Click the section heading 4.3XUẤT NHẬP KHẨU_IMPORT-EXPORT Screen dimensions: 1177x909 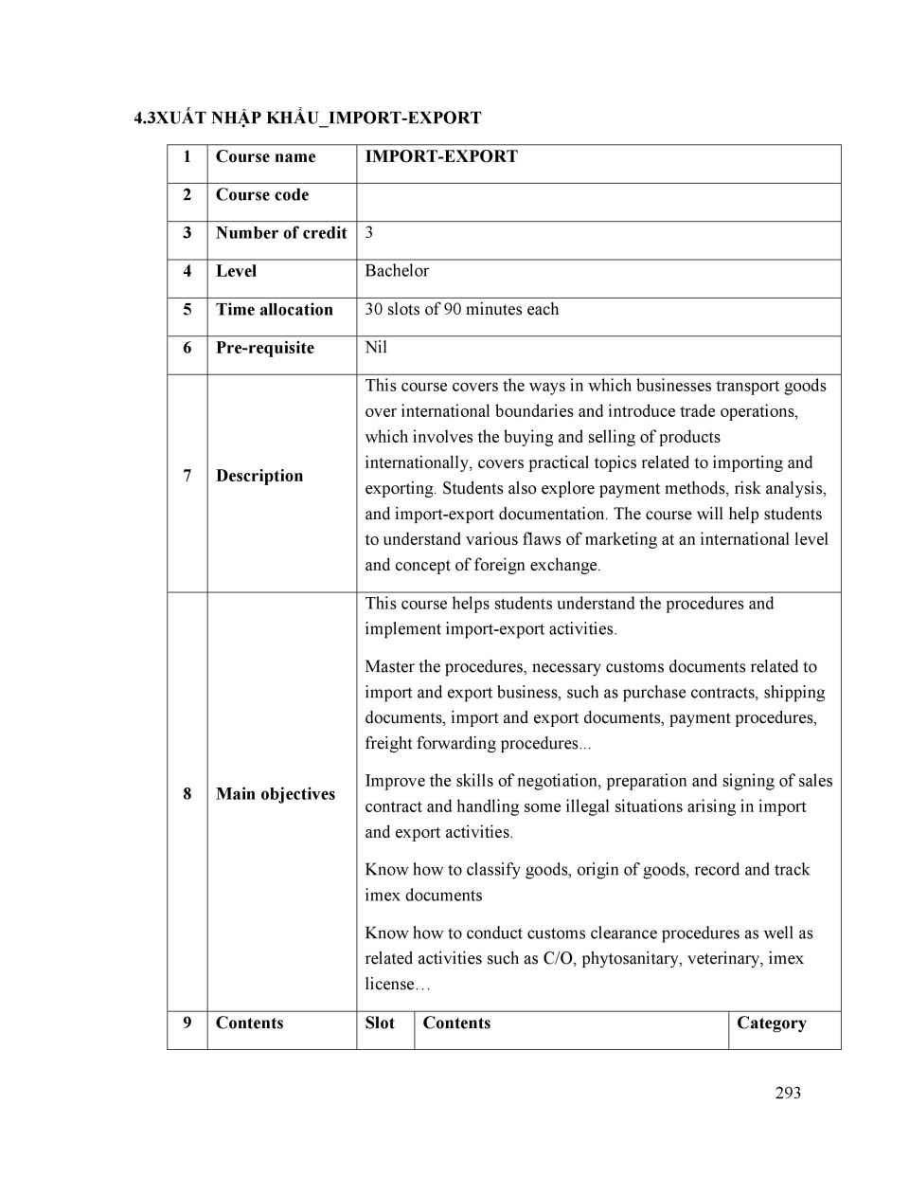coord(308,118)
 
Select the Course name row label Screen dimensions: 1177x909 coord(265,157)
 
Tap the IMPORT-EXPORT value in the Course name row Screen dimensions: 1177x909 coord(441,157)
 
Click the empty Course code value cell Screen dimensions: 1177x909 coord(598,202)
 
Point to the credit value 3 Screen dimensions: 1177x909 coord(369,233)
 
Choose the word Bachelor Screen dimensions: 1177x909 coord(397,271)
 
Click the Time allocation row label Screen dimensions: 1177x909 coord(274,310)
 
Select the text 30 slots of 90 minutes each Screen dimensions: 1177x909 coord(462,310)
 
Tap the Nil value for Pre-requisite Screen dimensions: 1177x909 coord(376,348)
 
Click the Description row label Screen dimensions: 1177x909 coord(259,476)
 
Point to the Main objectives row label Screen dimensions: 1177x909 coord(275,794)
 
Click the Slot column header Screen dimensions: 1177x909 coord(380,1023)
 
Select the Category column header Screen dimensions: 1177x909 coord(771,1023)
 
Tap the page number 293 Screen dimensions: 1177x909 coord(788,1093)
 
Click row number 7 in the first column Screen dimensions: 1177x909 coord(187,476)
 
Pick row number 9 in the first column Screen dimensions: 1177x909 coord(187,1023)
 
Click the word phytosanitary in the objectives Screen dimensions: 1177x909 coord(628,959)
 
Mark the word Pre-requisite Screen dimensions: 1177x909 coord(264,348)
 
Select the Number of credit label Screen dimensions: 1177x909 coord(281,233)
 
